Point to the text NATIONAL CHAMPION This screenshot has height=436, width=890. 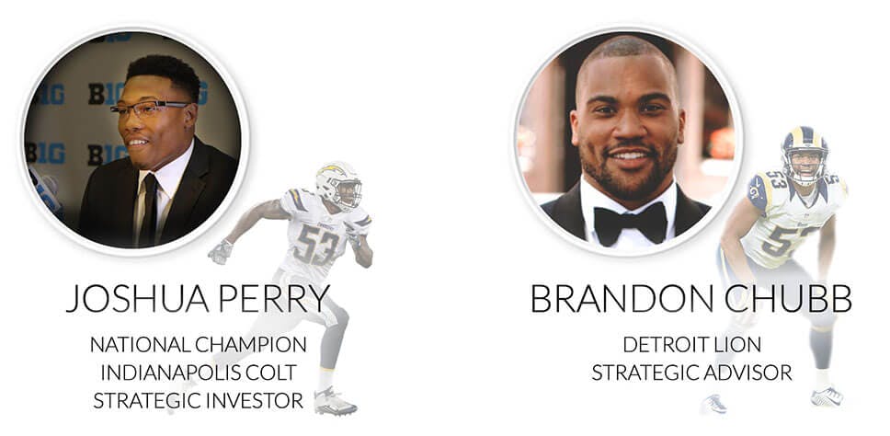click(198, 345)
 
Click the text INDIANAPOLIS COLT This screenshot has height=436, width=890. click(199, 373)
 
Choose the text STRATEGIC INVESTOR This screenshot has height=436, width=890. click(198, 401)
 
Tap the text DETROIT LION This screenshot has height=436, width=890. click(691, 345)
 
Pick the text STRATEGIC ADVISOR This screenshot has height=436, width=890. click(691, 373)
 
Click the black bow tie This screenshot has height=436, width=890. click(630, 219)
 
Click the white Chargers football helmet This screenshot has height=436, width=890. click(339, 185)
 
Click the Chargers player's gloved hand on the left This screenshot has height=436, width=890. click(221, 252)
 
